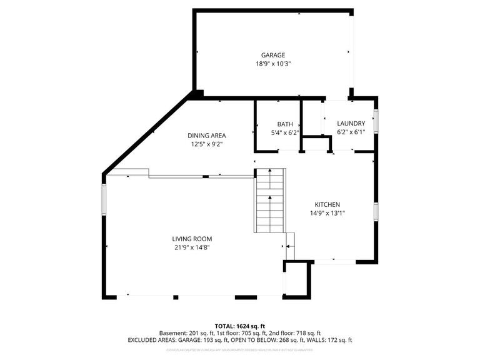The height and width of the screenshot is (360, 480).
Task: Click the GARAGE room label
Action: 272,55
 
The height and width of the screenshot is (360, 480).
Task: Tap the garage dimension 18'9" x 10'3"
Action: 272,64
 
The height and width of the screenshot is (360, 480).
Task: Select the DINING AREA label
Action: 207,136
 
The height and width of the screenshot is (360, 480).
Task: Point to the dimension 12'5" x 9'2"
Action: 207,144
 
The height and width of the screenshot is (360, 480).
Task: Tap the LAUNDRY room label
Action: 351,123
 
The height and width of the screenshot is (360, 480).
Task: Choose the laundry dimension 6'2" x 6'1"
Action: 351,132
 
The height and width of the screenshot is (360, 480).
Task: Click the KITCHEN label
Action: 327,204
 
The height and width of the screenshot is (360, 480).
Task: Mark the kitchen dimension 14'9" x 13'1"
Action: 327,213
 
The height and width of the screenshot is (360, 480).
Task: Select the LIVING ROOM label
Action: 192,239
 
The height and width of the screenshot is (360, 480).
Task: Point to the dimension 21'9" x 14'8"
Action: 192,247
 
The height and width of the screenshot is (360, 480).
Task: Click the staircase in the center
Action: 270,200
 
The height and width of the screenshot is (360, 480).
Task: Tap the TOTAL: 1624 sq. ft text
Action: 240,326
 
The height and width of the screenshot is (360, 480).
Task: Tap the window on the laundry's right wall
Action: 376,118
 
